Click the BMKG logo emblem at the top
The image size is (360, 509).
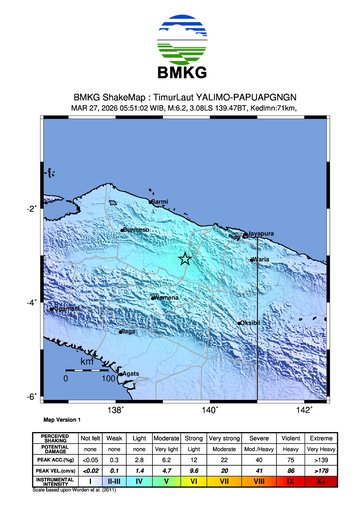pyautogui.click(x=180, y=38)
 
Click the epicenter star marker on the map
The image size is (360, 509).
pyautogui.click(x=185, y=259)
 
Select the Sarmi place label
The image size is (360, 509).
pyautogui.click(x=159, y=202)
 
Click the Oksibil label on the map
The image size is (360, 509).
pyautogui.click(x=249, y=323)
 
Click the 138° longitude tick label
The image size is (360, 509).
pyautogui.click(x=115, y=409)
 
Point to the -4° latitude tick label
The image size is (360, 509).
pyautogui.click(x=31, y=302)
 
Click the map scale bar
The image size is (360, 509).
pyautogui.click(x=87, y=369)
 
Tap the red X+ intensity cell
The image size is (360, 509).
pyautogui.click(x=321, y=481)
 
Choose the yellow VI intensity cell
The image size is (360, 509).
pyautogui.click(x=194, y=481)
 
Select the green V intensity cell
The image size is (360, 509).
pyautogui.click(x=166, y=481)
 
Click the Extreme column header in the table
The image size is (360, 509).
pyautogui.click(x=321, y=437)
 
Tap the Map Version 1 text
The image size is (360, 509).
pyautogui.click(x=62, y=421)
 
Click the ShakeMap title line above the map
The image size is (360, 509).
pyautogui.click(x=180, y=97)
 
